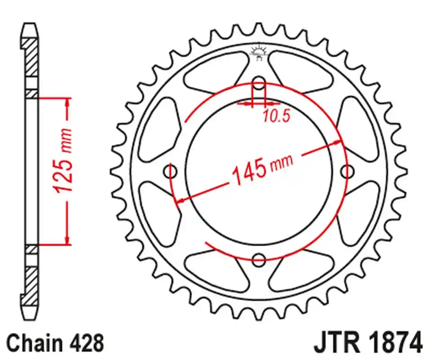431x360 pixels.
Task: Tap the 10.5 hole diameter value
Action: pos(276,117)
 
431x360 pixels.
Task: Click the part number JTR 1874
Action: pos(368,342)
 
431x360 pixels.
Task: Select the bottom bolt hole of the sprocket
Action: pos(259,259)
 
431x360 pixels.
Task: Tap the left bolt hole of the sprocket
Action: pos(171,171)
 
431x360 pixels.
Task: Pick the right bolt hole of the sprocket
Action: pos(347,171)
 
